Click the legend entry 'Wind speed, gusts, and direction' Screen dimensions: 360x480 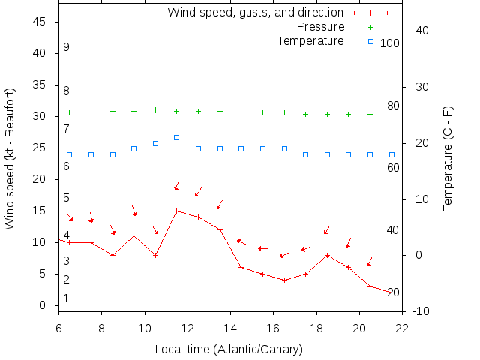pyautogui.click(x=255, y=13)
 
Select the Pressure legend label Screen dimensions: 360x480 pyautogui.click(x=320, y=27)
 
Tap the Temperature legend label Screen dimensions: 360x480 pyautogui.click(x=310, y=40)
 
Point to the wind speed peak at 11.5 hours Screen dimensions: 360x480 pyautogui.click(x=177, y=211)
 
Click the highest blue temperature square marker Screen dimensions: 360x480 pyautogui.click(x=177, y=137)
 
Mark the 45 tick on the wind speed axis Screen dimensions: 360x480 pyautogui.click(x=40, y=22)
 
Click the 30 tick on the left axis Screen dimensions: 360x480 pyautogui.click(x=40, y=116)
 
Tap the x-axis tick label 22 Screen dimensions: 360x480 pyautogui.click(x=402, y=327)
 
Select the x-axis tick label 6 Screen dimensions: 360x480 pyautogui.click(x=58, y=327)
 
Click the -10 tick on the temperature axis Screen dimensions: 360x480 pyautogui.click(x=421, y=311)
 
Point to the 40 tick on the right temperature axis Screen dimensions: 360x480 pyautogui.click(x=421, y=31)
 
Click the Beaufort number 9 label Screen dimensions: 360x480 pyautogui.click(x=66, y=47)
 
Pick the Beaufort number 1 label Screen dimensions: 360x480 pyautogui.click(x=66, y=298)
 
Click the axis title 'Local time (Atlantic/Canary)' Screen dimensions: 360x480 pyautogui.click(x=229, y=349)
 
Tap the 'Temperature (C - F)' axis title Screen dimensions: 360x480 pyautogui.click(x=448, y=157)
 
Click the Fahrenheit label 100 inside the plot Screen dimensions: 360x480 pyautogui.click(x=390, y=43)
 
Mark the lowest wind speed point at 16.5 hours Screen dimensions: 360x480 pyautogui.click(x=284, y=280)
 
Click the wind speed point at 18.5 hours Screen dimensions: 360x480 pyautogui.click(x=327, y=255)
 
